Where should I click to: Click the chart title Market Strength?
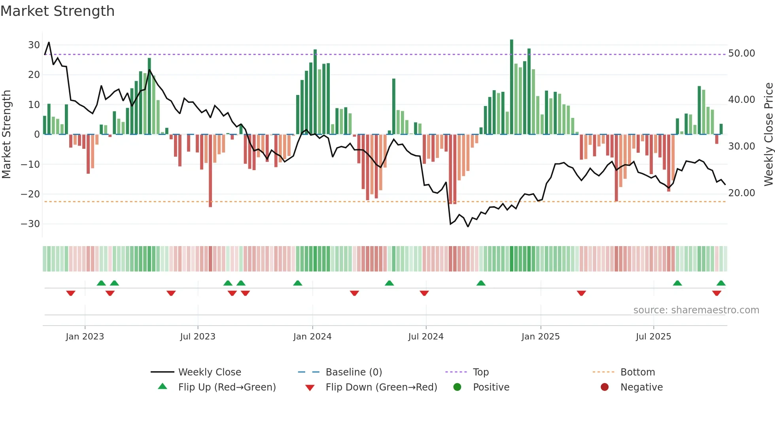coord(57,11)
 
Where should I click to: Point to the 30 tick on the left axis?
coord(34,45)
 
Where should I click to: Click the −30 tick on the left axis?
coord(30,224)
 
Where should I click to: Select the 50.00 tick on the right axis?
coord(741,53)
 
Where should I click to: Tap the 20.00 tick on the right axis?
coord(741,193)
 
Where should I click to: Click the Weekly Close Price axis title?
coord(768,135)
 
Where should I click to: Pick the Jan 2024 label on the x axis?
coord(312,337)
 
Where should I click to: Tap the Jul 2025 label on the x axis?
coord(653,337)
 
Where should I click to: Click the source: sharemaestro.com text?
coord(696,310)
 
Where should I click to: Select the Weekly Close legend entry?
coord(209,372)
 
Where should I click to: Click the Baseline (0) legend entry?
coord(353,372)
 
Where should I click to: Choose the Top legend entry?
coord(480,372)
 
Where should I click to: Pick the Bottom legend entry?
coord(637,372)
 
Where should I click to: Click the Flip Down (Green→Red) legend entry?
coord(381,387)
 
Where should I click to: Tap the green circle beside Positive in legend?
coord(457,387)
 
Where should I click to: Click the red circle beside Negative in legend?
coord(605,387)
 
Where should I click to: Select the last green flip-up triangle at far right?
coord(721,283)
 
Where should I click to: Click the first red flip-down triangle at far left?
coord(71,293)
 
